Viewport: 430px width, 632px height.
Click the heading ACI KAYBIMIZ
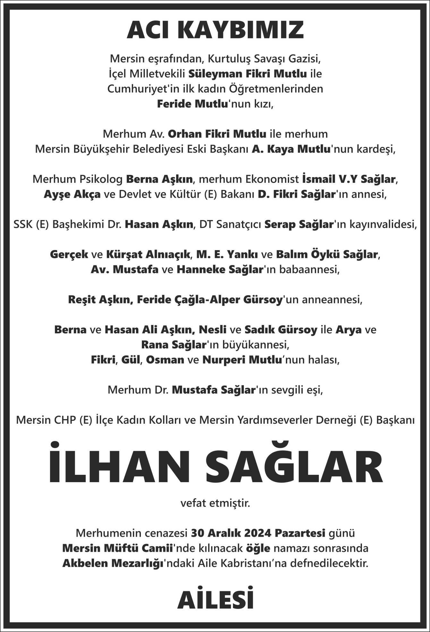(215, 30)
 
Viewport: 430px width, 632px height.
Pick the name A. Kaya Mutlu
(291, 149)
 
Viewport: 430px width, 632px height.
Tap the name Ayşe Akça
(72, 194)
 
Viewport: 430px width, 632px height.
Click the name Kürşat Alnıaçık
(149, 254)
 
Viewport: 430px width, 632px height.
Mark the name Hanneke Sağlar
(220, 269)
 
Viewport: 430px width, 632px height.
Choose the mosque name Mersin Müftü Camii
(117, 548)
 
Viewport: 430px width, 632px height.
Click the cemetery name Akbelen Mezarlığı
(113, 563)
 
